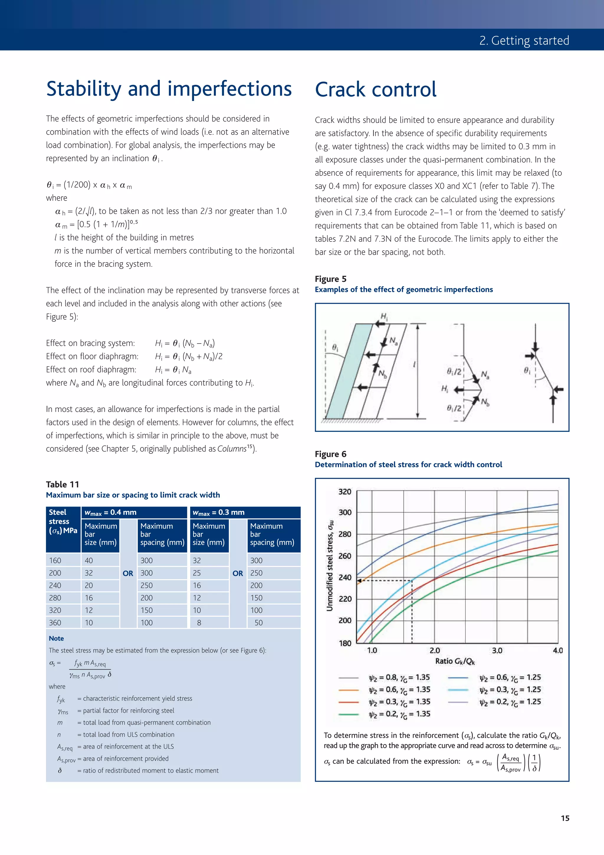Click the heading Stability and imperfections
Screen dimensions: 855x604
coord(169,89)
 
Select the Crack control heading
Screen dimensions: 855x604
coord(375,90)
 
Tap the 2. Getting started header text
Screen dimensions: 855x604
coord(524,40)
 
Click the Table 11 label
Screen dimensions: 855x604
coord(63,484)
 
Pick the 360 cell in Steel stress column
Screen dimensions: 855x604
coord(55,623)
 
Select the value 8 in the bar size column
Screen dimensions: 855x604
coord(199,623)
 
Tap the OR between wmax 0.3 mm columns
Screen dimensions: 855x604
coord(238,573)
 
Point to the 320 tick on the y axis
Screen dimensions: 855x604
coord(344,492)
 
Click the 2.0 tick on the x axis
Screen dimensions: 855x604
coord(435,650)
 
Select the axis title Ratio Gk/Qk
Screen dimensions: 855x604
coord(455,661)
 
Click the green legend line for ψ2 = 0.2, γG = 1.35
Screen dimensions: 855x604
coord(348,714)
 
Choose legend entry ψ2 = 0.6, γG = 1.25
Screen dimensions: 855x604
coord(510,678)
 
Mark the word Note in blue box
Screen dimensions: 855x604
coord(56,638)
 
